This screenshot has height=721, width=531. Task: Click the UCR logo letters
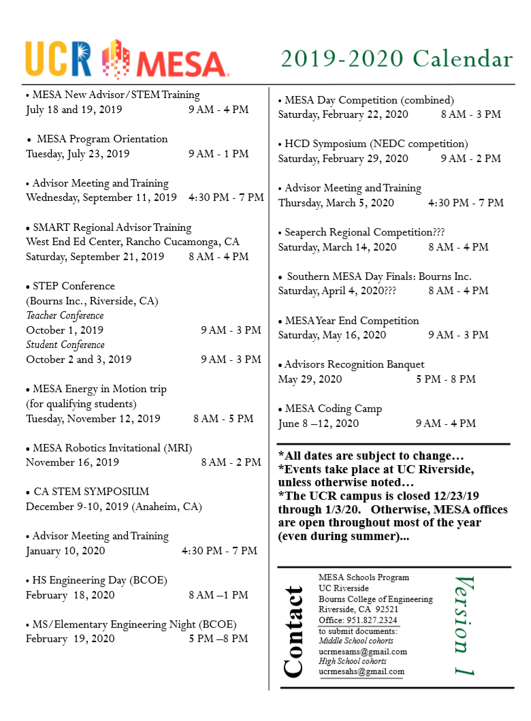(59, 59)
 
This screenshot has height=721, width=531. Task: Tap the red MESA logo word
(182, 64)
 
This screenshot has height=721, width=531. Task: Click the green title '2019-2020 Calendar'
(397, 59)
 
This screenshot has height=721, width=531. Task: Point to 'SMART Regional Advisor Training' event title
(112, 227)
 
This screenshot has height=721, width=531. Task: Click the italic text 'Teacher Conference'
(65, 315)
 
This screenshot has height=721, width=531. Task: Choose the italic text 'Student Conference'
(65, 345)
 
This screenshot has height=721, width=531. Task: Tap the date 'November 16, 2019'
(72, 462)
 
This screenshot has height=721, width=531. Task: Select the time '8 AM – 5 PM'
(223, 419)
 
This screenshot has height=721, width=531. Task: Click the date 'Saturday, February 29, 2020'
(343, 159)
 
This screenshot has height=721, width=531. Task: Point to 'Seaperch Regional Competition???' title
(364, 232)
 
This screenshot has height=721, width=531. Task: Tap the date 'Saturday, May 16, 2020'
(332, 335)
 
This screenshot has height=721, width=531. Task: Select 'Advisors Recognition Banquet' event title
(354, 364)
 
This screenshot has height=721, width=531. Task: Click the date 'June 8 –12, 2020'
(319, 423)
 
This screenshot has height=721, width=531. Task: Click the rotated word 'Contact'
(293, 632)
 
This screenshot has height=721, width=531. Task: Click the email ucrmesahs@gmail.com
(361, 671)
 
